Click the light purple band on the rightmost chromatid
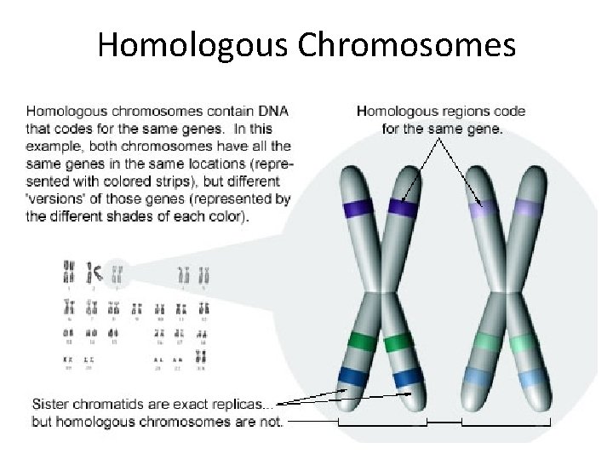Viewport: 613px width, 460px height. click(529, 208)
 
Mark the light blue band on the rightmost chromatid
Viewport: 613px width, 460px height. click(534, 377)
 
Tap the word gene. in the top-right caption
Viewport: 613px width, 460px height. click(484, 129)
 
